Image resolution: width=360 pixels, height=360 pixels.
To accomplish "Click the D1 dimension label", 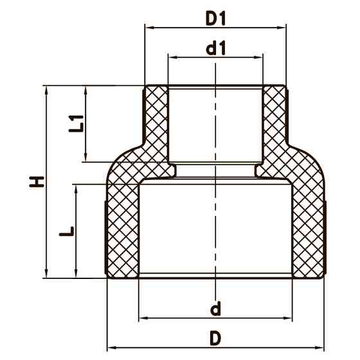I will [x=216, y=19].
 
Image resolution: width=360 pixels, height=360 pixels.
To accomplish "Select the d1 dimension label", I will [x=215, y=48].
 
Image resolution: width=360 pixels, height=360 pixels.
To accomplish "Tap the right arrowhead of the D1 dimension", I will [x=283, y=28].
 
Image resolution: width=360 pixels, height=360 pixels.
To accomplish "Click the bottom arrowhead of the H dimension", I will [x=47, y=274].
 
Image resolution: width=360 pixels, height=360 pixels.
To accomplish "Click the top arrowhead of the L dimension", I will [x=77, y=188].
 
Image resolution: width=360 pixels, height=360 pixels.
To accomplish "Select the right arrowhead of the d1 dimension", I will [x=260, y=57].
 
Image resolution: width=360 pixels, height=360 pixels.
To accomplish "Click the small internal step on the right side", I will [x=260, y=170].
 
